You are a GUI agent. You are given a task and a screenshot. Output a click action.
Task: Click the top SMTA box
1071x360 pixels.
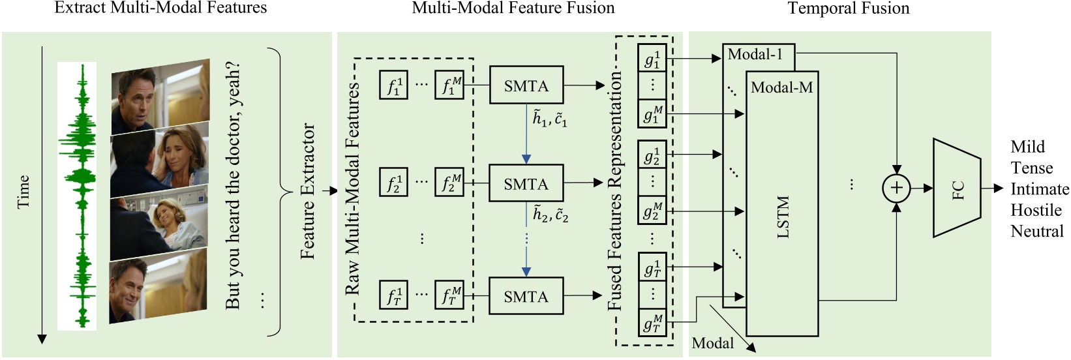[x=526, y=85]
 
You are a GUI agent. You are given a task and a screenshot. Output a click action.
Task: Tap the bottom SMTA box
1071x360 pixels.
[x=526, y=296]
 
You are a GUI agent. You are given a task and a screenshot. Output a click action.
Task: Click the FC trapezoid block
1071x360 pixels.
[x=957, y=188]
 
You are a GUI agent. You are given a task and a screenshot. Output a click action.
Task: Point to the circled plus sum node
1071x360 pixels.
[x=896, y=188]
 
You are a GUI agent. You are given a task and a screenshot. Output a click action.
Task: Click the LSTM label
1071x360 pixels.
[x=783, y=217]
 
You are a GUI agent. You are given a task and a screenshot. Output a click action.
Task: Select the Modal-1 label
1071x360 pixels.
[x=755, y=55]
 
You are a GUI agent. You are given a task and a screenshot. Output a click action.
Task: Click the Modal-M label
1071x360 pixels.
[x=781, y=87]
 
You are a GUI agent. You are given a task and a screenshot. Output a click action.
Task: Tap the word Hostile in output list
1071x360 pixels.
[x=1036, y=210]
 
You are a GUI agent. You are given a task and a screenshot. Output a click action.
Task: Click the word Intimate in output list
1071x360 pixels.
[x=1040, y=189]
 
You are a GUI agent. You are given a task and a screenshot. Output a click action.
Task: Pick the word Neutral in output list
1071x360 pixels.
[x=1037, y=231]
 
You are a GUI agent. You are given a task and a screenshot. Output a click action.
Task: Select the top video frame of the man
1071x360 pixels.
[x=160, y=95]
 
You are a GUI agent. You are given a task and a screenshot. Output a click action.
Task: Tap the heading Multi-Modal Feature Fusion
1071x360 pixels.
[x=513, y=8]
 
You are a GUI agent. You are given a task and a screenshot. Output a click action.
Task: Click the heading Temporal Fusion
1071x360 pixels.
[x=848, y=8]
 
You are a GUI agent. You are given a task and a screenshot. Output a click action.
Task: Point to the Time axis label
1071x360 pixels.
[x=23, y=191]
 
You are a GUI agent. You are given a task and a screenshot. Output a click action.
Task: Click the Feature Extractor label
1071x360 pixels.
[x=307, y=191]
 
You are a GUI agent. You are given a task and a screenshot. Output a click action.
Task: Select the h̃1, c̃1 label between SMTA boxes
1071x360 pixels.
[x=550, y=119]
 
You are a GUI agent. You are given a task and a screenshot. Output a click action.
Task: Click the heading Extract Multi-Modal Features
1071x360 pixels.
[x=160, y=8]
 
